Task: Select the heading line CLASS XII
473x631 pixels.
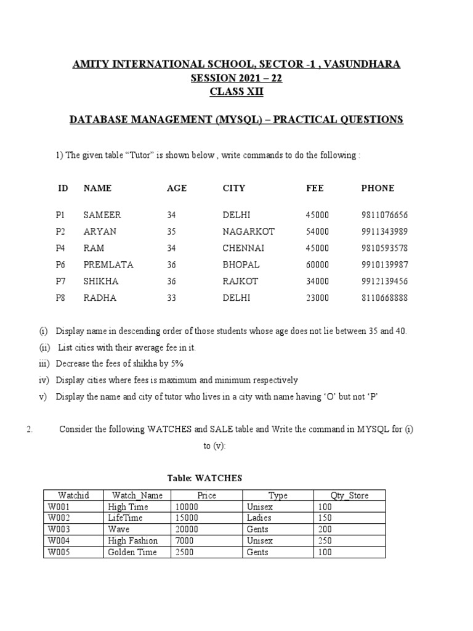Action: (x=236, y=92)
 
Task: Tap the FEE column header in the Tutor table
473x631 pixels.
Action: (x=314, y=188)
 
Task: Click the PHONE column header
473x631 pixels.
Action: (x=378, y=188)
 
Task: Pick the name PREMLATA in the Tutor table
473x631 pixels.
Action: (x=108, y=265)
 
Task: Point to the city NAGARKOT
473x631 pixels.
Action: (x=248, y=232)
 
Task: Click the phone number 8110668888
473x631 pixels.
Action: (x=384, y=298)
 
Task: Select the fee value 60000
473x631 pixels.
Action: (x=317, y=265)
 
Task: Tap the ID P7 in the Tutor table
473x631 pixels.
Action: (x=60, y=282)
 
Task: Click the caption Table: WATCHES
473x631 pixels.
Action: (x=205, y=478)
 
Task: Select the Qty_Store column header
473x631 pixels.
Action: (x=349, y=495)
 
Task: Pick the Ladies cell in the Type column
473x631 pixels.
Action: (x=259, y=518)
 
